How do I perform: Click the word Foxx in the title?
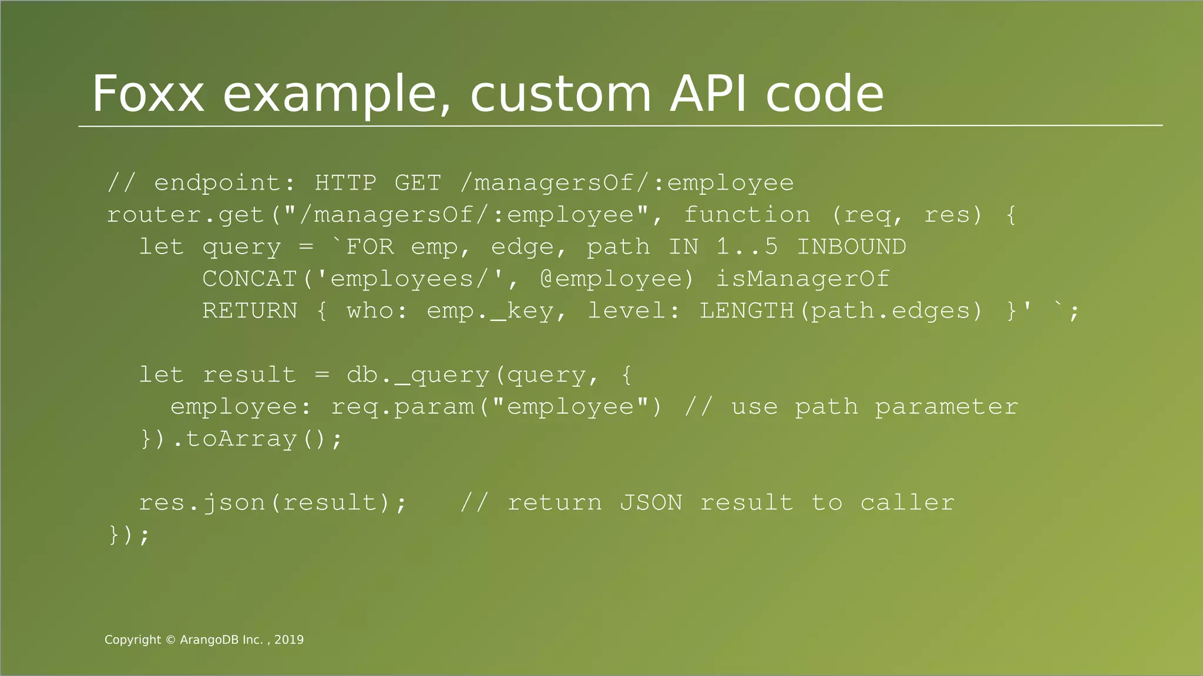click(x=148, y=94)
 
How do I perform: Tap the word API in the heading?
click(x=708, y=94)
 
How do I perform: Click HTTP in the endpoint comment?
click(x=345, y=182)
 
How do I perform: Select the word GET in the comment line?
click(x=417, y=182)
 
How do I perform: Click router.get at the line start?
click(x=185, y=215)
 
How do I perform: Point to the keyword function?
click(x=747, y=215)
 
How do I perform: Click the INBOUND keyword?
click(x=851, y=246)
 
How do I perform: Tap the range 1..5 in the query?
click(x=747, y=246)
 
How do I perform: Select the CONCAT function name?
click(x=250, y=279)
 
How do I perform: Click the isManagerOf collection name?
click(x=802, y=279)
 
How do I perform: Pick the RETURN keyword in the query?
click(x=250, y=310)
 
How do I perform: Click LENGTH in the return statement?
click(x=747, y=310)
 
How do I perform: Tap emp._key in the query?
click(x=490, y=310)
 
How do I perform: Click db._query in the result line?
click(x=418, y=374)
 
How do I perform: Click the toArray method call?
click(x=241, y=439)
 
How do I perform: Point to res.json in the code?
click(x=201, y=503)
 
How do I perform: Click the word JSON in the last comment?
click(x=651, y=503)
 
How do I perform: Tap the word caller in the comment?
click(x=907, y=503)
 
